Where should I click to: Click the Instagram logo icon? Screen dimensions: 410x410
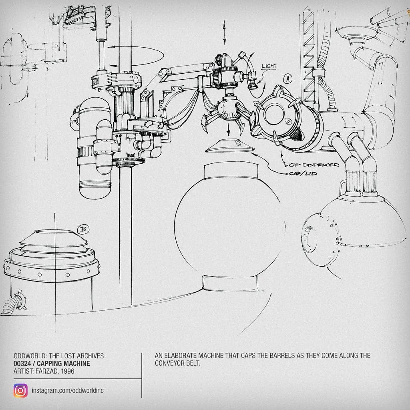[21, 390]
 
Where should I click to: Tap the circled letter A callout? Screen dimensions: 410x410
[288, 79]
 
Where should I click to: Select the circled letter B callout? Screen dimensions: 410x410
[83, 229]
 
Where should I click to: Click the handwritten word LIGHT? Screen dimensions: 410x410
[269, 66]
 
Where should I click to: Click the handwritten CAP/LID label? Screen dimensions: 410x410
[303, 173]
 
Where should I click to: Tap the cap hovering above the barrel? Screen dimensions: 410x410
[230, 146]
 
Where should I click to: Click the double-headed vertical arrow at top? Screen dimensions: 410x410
[224, 32]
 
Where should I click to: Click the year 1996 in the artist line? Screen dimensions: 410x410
[67, 371]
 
